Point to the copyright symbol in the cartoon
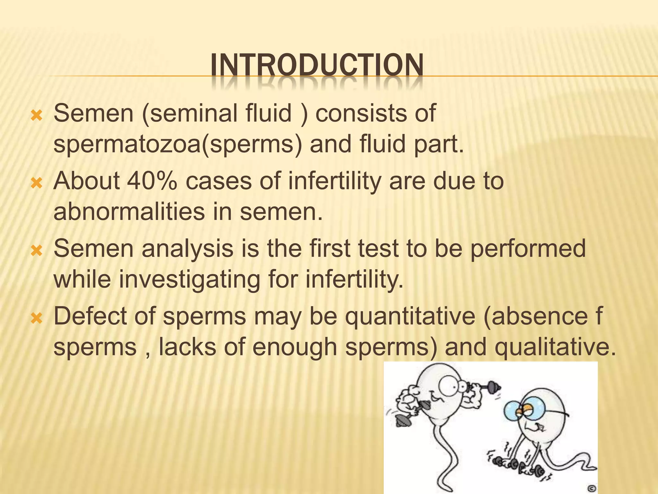point(592,488)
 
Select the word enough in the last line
point(295,347)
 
